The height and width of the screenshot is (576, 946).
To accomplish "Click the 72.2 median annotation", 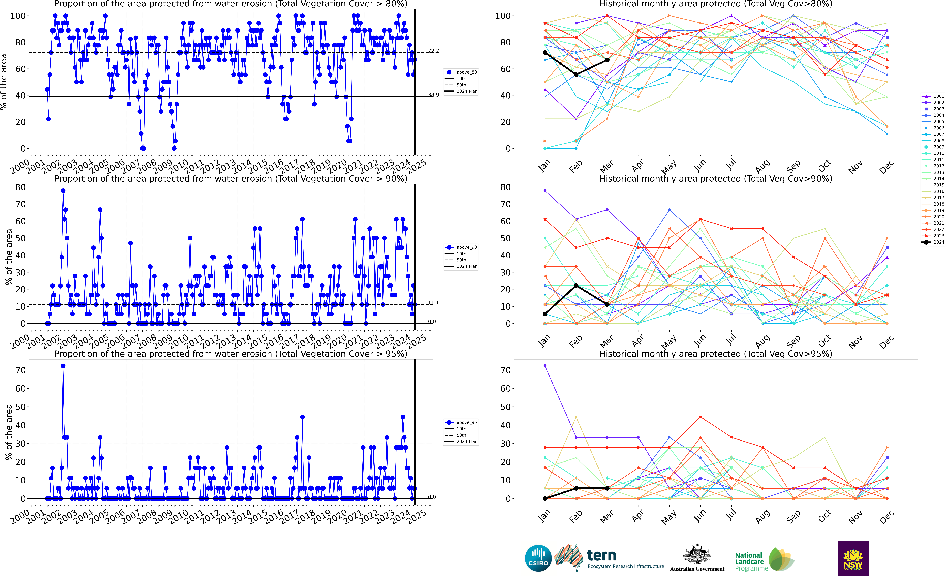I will click(433, 51).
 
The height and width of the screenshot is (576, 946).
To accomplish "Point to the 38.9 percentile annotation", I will click(433, 95).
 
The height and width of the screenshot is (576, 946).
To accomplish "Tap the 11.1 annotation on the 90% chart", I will click(433, 303).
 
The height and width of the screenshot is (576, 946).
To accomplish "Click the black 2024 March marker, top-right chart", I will click(607, 60).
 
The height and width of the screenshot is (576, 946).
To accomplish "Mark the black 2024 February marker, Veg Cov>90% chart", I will click(576, 286).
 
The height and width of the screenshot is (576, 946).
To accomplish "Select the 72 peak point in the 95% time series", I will click(63, 366).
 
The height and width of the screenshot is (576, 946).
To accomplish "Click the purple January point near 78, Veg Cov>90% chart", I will click(545, 191).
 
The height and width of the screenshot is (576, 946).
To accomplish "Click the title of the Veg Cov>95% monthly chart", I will click(716, 354).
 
